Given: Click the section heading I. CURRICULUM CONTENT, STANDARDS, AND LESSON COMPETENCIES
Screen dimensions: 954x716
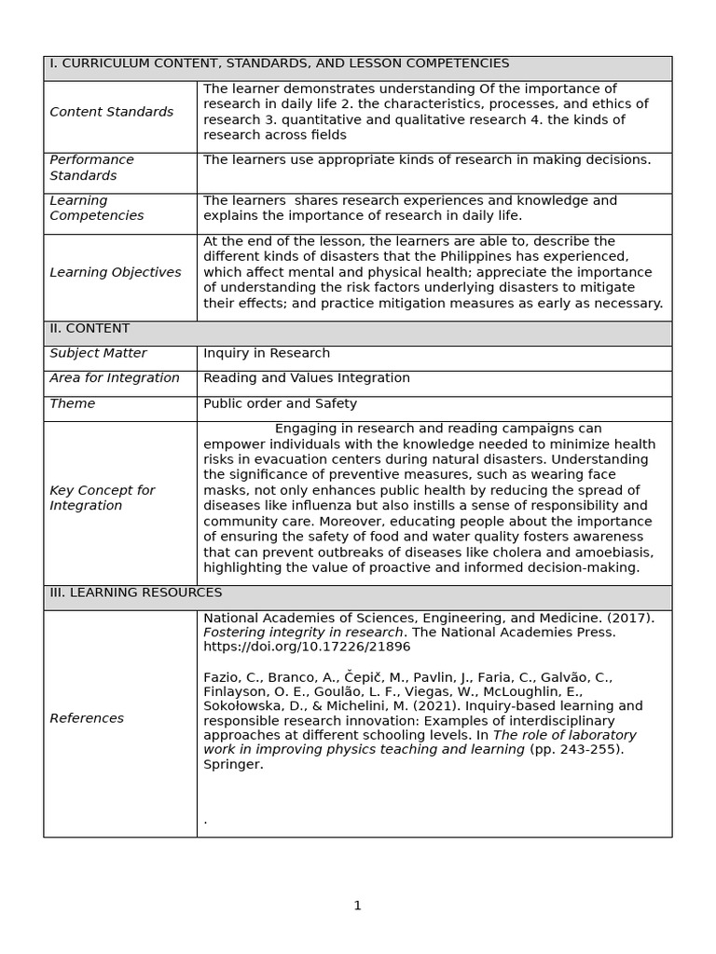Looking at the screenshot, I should click(279, 63).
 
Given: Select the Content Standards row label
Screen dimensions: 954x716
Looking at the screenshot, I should click(111, 112).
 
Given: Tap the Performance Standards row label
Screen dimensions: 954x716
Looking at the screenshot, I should click(91, 168).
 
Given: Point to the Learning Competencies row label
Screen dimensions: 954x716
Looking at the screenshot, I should click(96, 208).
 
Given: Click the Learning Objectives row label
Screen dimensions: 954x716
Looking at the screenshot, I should click(115, 273).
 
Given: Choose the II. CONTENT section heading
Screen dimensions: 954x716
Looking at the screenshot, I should click(89, 329).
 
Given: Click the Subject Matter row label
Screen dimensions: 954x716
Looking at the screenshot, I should click(98, 353).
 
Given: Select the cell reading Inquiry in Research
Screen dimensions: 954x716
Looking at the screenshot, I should click(267, 353).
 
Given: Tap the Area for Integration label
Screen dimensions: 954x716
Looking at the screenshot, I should click(114, 378).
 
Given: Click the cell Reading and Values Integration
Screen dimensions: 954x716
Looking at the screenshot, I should click(306, 378).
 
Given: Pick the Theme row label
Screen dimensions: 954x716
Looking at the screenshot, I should click(72, 403).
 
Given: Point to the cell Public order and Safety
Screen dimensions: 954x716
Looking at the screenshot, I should click(280, 403).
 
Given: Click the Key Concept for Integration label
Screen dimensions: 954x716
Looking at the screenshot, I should click(102, 497).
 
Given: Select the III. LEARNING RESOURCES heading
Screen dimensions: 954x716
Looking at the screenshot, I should click(135, 593).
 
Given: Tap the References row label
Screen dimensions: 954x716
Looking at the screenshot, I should click(87, 718).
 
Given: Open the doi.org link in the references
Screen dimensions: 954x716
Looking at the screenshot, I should click(307, 647).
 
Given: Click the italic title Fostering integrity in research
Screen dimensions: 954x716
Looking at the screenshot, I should click(303, 632).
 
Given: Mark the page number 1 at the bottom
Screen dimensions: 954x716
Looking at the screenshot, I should click(357, 906).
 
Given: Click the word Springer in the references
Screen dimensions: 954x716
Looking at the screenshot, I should click(233, 765).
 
